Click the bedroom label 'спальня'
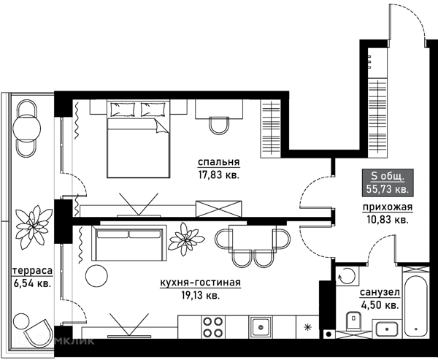(x=219, y=162)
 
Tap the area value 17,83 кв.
(x=219, y=175)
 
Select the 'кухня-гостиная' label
(x=200, y=283)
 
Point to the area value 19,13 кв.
(x=200, y=296)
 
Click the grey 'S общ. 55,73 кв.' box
(x=388, y=183)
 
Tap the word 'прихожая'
(x=388, y=207)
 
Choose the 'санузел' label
(x=380, y=293)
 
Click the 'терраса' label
(x=32, y=271)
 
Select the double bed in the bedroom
(x=138, y=139)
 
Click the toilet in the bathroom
(x=353, y=321)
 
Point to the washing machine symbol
(x=347, y=276)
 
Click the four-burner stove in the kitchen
(x=213, y=326)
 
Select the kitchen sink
(x=261, y=326)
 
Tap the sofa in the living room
(x=129, y=242)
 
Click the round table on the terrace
(x=27, y=129)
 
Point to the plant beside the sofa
(x=186, y=239)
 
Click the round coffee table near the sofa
(x=96, y=275)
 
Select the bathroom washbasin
(x=387, y=329)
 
